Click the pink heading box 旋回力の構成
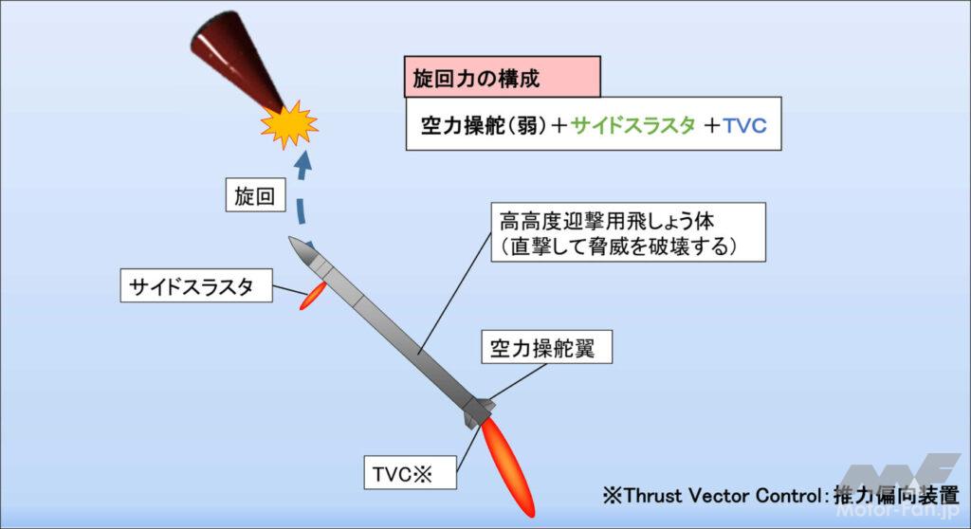503,77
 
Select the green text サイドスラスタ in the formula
632,126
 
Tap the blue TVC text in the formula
745,126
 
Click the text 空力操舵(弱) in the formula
485,126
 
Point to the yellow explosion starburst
288,124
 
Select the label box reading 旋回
255,195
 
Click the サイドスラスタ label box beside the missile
196,285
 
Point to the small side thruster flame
313,295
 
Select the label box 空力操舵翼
547,347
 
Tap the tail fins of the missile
479,411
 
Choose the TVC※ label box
410,473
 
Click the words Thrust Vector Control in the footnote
722,496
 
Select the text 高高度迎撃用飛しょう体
606,221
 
